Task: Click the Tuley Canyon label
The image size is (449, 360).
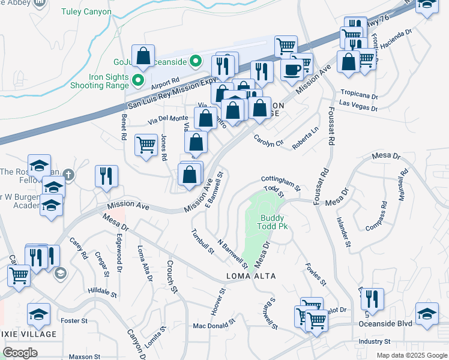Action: click(86, 12)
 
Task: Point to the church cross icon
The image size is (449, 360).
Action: click(70, 175)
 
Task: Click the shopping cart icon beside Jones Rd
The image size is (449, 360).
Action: click(146, 145)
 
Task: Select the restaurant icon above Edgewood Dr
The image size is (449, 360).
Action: click(106, 176)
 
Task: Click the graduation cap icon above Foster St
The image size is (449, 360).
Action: click(38, 314)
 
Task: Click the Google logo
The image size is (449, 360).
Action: click(20, 353)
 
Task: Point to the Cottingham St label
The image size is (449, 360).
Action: click(280, 179)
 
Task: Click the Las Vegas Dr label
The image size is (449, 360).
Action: click(358, 106)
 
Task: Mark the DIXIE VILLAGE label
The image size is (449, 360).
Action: click(28, 334)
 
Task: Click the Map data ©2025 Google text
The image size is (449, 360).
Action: click(411, 355)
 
